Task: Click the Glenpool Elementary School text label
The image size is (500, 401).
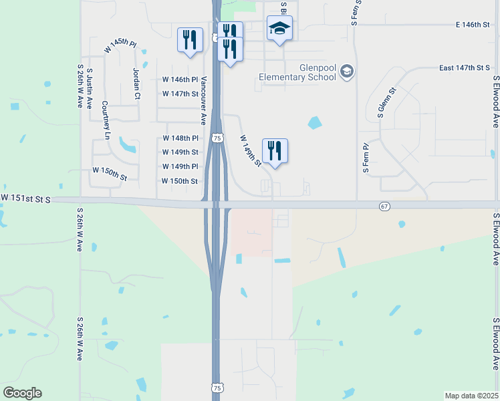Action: click(297, 72)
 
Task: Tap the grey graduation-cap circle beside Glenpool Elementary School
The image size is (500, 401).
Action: click(346, 71)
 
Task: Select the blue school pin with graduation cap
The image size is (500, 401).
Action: click(279, 29)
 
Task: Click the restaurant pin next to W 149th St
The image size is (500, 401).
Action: click(275, 151)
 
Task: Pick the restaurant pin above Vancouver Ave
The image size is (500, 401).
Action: click(190, 40)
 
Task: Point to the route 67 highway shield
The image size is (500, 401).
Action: click(384, 207)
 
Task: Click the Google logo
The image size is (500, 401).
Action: click(22, 392)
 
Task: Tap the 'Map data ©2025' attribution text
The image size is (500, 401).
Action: click(471, 396)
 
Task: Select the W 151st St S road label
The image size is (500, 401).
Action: click(25, 198)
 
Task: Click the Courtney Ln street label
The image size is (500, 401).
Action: click(106, 120)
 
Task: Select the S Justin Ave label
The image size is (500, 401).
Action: click(89, 94)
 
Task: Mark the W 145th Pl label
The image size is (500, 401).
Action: click(120, 46)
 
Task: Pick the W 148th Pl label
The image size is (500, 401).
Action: click(180, 138)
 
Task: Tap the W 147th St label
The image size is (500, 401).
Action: click(180, 94)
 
